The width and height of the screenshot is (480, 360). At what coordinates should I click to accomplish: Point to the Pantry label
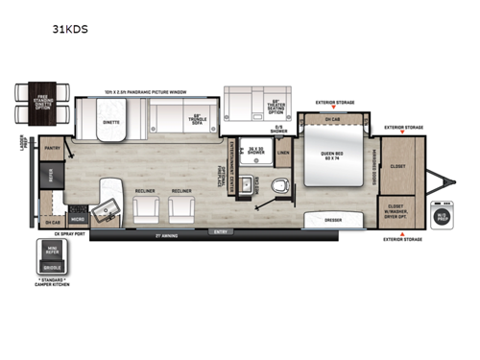[51, 149]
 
